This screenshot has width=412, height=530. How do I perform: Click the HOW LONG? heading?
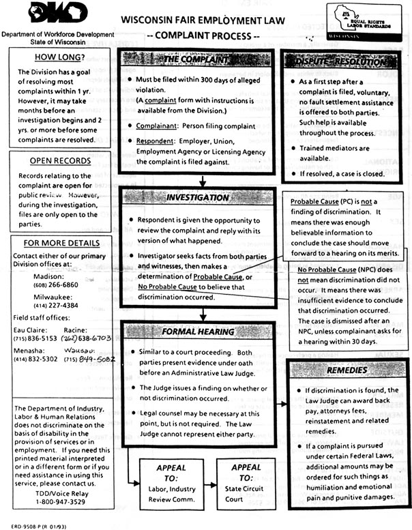[60, 57]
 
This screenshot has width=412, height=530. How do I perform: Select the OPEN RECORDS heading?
[60, 160]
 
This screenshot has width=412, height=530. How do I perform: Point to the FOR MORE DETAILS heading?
[60, 243]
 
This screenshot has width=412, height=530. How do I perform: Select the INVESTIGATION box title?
[198, 198]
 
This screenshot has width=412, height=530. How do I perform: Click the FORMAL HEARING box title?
[198, 332]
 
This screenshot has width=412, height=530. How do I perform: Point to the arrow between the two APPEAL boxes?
[209, 483]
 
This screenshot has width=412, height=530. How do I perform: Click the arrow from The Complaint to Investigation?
[203, 180]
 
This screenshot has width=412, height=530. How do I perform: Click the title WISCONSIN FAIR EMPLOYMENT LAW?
[203, 20]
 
